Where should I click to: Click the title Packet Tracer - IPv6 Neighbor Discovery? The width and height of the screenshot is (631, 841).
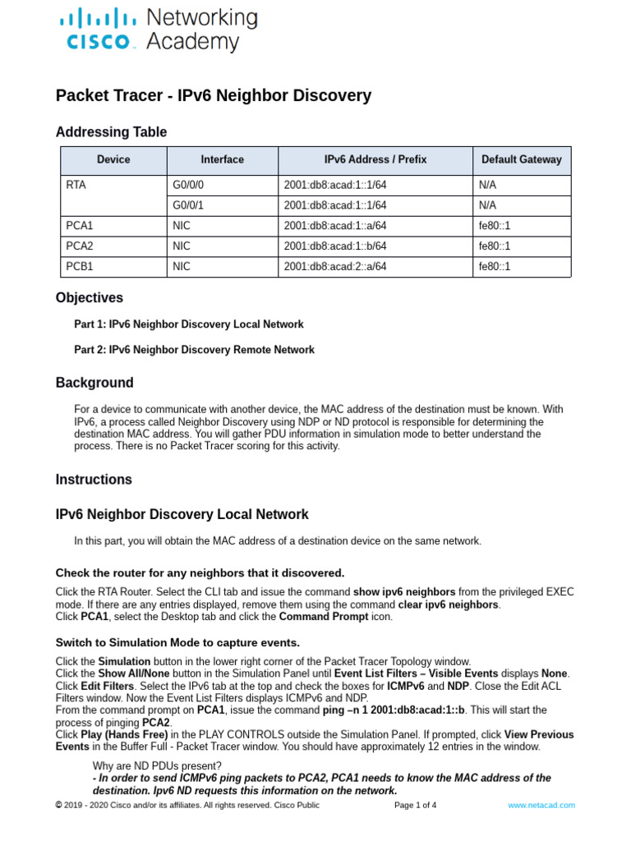click(213, 96)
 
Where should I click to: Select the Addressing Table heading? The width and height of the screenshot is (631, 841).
click(111, 132)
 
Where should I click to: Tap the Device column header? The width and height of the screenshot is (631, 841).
click(113, 159)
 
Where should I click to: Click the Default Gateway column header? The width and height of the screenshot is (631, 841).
click(521, 159)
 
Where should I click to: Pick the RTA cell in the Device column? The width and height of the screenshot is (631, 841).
click(76, 186)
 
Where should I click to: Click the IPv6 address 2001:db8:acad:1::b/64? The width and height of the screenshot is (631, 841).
click(334, 246)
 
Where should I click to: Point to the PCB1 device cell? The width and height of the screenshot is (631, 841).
click(79, 266)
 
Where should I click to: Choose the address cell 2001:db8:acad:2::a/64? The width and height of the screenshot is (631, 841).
click(334, 266)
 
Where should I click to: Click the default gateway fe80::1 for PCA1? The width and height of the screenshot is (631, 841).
click(494, 226)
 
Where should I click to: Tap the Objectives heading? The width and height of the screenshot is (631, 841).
click(90, 298)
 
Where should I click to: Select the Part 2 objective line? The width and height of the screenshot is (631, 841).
click(194, 350)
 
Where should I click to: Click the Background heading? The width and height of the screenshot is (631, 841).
click(94, 383)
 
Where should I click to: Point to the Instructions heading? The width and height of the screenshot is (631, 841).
click(94, 480)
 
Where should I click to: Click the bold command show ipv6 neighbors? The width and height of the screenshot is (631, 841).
click(404, 591)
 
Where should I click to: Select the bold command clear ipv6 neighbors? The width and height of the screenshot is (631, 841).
click(448, 604)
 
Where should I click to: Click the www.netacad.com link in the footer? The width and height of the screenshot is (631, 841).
click(541, 806)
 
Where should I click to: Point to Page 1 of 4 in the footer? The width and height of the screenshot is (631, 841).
click(415, 806)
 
